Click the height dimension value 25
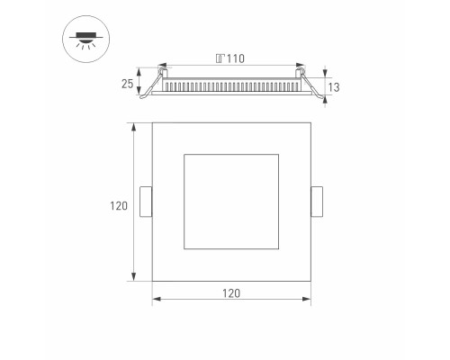point(127,86)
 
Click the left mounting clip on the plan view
point(146,202)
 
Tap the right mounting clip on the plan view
point(316,202)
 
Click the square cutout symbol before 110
point(220,59)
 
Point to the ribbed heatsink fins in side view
point(231,86)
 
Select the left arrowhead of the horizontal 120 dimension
point(155,296)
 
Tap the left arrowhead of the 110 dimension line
point(163,67)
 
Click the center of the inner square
point(231,202)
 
